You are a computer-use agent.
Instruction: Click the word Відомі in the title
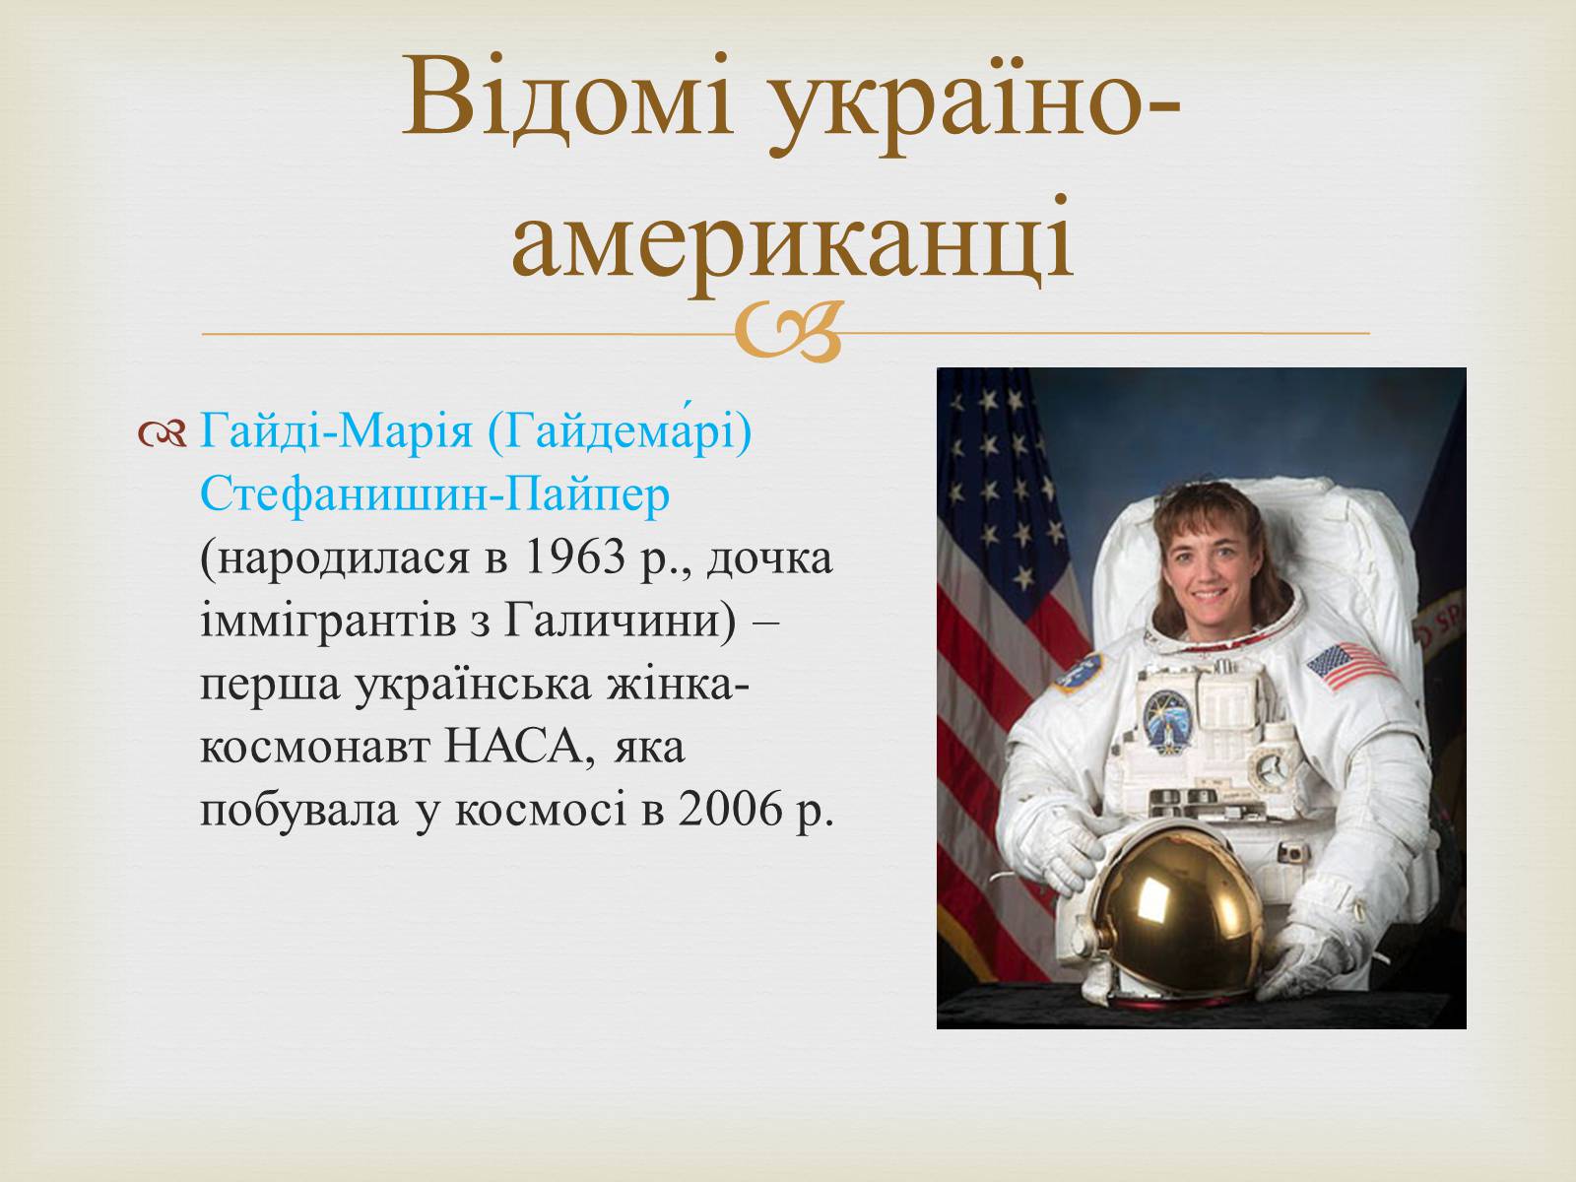(x=567, y=97)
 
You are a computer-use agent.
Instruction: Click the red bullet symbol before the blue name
(x=162, y=434)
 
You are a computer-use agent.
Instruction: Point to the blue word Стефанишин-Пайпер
(x=435, y=495)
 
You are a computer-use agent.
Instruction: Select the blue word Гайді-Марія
(x=336, y=432)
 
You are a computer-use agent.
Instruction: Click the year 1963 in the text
(x=575, y=558)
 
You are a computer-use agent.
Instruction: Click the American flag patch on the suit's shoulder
(x=1348, y=665)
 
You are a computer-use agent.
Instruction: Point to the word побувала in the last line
(x=298, y=811)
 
